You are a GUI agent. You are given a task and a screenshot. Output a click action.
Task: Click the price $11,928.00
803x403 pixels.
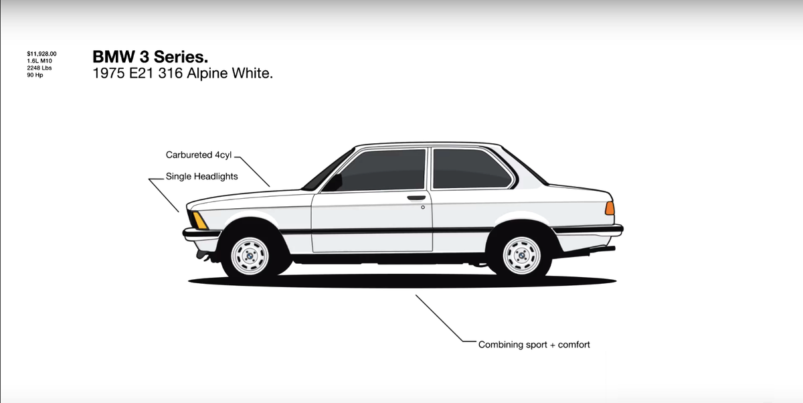(41, 53)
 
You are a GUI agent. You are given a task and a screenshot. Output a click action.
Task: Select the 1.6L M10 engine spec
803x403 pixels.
(39, 60)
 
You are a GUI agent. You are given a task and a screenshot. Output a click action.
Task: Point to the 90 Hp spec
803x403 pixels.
(34, 75)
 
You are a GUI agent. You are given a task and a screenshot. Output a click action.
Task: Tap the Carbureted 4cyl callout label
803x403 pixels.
(198, 155)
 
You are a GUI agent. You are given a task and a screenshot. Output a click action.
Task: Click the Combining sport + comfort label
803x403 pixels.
(534, 345)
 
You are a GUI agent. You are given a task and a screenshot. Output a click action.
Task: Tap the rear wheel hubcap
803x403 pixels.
(522, 256)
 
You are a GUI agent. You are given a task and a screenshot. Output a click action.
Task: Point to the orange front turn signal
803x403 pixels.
(199, 220)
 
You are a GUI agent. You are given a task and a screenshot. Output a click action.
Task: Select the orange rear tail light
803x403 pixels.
(610, 208)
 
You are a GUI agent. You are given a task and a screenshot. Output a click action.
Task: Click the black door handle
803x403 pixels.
(416, 198)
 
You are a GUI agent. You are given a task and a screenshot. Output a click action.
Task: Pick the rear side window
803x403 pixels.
(471, 169)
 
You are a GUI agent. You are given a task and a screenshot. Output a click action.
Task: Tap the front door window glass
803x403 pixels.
(384, 171)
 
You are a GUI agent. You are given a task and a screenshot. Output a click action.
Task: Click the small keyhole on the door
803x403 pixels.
(423, 208)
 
